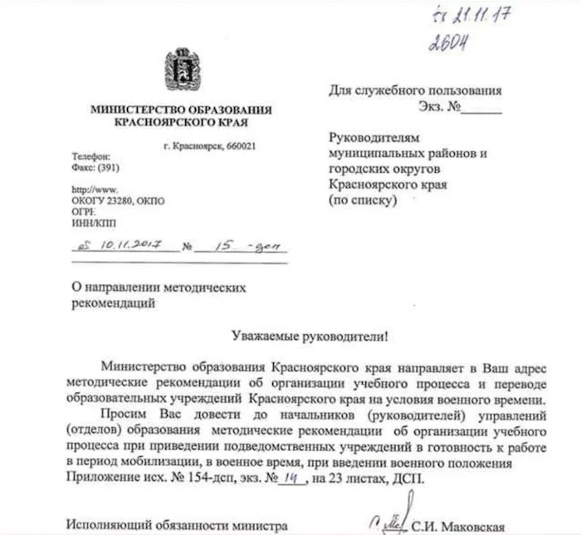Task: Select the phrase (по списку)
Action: (x=364, y=200)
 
